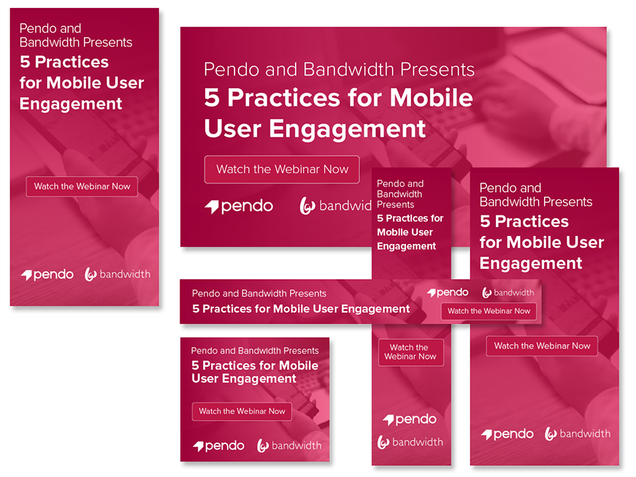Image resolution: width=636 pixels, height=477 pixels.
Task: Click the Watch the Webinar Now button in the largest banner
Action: pos(282,169)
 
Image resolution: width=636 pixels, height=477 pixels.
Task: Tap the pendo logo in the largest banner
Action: pos(239,206)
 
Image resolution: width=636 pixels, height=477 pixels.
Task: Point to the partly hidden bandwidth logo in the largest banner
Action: pos(335,206)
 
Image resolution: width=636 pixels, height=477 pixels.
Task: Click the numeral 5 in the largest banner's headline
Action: pos(212,98)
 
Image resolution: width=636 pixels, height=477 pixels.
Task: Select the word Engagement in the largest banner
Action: pos(347,129)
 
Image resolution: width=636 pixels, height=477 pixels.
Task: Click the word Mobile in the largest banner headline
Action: pos(431,98)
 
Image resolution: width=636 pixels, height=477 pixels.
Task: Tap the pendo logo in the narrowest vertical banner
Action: pos(410,419)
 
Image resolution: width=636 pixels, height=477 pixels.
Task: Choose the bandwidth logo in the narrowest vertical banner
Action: pos(410,442)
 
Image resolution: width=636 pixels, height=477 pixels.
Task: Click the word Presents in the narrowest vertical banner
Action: pos(396,205)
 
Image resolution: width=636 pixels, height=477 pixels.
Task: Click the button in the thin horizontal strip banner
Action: pos(489,311)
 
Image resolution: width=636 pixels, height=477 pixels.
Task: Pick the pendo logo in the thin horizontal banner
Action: pos(448,292)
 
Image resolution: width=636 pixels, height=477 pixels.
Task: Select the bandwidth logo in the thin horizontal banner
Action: pos(507,292)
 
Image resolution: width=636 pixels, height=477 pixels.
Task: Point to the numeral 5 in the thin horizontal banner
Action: pos(196,309)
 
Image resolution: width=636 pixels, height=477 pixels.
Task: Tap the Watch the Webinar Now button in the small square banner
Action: pos(242,411)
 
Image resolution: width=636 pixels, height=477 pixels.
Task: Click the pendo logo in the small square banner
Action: pos(218,446)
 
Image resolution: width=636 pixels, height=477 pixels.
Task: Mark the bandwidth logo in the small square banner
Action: pos(289,446)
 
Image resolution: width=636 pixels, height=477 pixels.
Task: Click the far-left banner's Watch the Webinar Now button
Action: pos(82,186)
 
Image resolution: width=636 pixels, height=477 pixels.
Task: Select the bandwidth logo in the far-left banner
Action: pos(118,275)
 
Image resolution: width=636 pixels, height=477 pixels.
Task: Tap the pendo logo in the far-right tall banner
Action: pos(507,435)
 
